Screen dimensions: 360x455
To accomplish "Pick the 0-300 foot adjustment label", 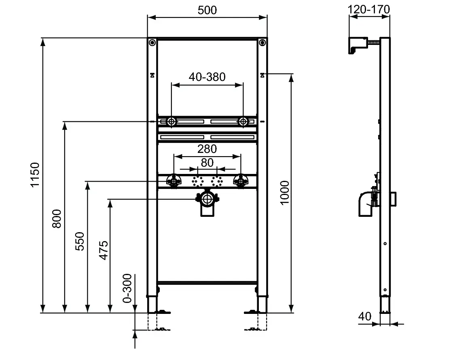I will click(127, 288).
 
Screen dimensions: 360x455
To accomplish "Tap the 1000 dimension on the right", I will click(285, 193).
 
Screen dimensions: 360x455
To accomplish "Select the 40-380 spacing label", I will click(207, 76).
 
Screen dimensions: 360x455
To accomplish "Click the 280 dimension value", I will click(207, 149).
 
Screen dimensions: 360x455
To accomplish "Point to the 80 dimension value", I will click(207, 163).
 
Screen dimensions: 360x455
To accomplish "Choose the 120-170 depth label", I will click(369, 9).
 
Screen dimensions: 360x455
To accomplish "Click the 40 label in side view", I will click(365, 316).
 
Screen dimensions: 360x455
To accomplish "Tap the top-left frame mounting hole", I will click(152, 42).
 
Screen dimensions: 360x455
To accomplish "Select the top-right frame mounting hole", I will click(263, 42).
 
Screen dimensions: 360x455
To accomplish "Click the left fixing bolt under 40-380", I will click(171, 121).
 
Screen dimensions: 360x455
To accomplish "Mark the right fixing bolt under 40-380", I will click(243, 121).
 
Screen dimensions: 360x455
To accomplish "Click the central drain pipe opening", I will click(207, 199).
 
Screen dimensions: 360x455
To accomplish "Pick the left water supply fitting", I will click(174, 181).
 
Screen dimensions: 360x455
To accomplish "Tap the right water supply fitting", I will click(241, 181).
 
